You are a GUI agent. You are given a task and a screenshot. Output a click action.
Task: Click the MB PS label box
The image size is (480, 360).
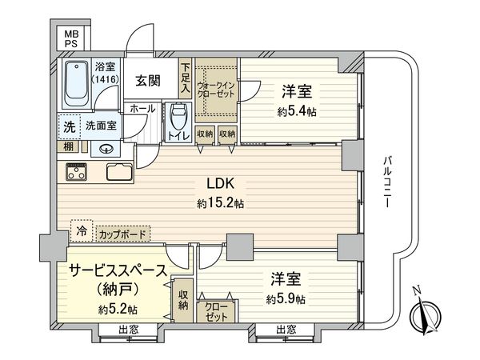[x=70, y=38]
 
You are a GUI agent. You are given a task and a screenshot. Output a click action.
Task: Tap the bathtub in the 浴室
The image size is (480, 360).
[x=77, y=83]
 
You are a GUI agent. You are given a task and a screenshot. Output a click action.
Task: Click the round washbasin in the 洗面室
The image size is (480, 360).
[x=106, y=149]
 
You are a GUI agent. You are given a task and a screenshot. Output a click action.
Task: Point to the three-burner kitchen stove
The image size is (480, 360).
[x=77, y=171]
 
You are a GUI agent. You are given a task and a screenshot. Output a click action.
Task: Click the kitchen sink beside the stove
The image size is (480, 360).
[x=119, y=171]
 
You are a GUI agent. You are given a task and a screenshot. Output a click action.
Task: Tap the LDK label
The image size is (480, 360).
[x=221, y=184]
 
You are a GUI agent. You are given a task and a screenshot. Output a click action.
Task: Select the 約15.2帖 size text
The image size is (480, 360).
[x=221, y=203]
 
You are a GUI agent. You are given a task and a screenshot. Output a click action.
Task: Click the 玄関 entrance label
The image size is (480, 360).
[x=148, y=81]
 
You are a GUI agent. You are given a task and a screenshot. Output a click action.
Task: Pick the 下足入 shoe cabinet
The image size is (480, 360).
[x=186, y=78]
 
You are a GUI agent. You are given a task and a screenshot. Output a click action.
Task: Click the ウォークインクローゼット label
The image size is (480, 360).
[x=216, y=90]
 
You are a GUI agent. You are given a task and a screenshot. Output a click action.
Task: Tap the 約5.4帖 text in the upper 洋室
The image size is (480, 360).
[x=297, y=112]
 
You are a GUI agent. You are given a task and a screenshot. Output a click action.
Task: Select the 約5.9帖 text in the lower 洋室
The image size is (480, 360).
[x=286, y=298]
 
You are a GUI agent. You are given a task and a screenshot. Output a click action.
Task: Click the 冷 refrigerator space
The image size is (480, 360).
[x=82, y=231]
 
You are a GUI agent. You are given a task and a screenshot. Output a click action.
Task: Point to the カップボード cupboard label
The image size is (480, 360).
[x=122, y=234]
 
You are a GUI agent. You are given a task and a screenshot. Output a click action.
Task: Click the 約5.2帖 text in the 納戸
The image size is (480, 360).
[x=118, y=310]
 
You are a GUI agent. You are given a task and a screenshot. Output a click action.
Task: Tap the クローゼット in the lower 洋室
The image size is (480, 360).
[x=216, y=311]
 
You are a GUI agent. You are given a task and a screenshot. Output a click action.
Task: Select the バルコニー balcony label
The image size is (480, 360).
[x=387, y=182]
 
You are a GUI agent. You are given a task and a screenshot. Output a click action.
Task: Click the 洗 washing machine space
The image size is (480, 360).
[x=69, y=126]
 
